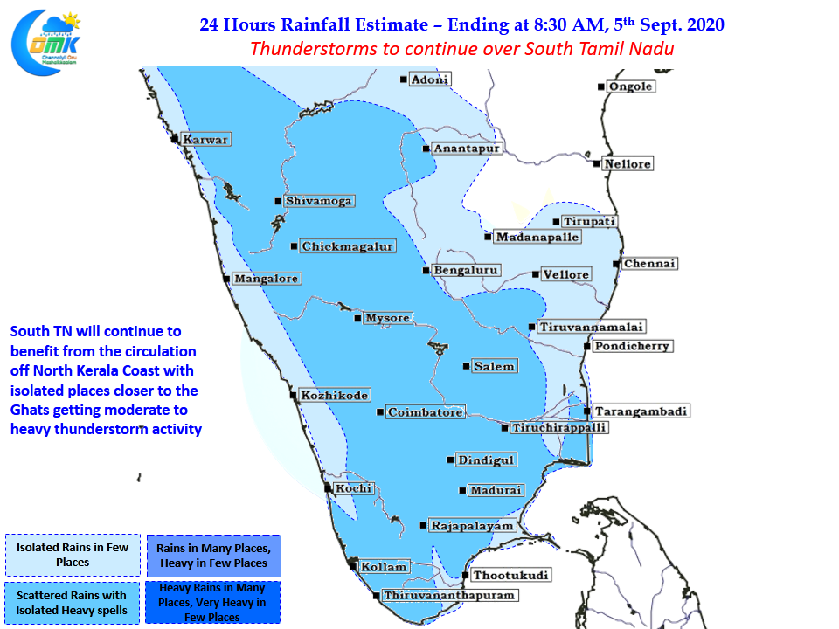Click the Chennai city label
tap(650, 263)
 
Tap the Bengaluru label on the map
tap(466, 270)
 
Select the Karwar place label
tap(205, 139)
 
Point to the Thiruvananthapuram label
tap(449, 595)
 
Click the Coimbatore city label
tap(426, 412)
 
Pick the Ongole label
tap(631, 86)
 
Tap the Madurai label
tap(496, 490)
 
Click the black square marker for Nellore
tap(596, 163)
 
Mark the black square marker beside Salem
tap(466, 366)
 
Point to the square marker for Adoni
tap(403, 79)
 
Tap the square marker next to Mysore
tap(357, 318)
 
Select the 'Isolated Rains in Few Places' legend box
tap(73, 555)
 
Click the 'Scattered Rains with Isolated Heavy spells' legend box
tap(73, 603)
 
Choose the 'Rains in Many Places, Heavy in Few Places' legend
tap(213, 556)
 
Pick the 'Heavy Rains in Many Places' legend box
tap(212, 602)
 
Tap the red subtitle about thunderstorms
tap(461, 49)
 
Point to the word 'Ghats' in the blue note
tap(31, 411)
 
